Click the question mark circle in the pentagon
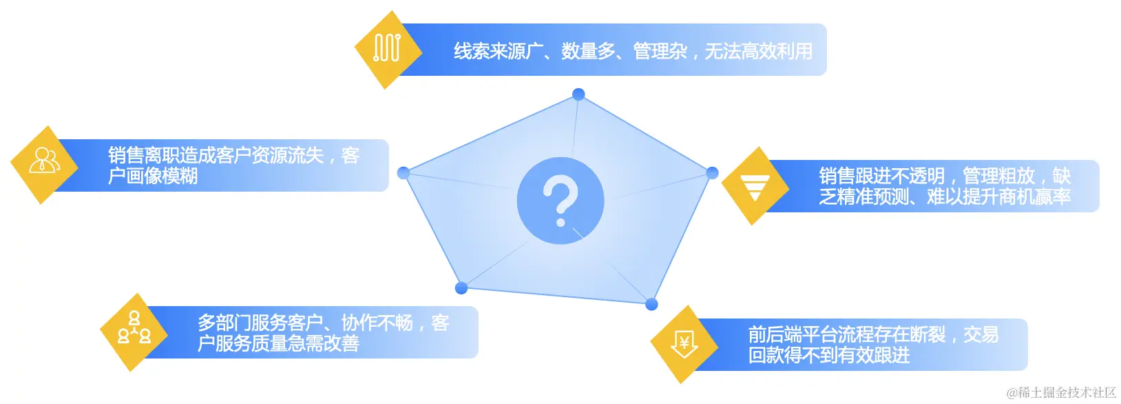coord(560,201)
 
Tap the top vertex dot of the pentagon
coord(578,94)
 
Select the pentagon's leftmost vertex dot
coord(404,172)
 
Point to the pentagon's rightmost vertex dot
coord(712,173)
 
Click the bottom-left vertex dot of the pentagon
coord(461,287)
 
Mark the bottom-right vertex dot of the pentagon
coord(651,304)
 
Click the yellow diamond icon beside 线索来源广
coord(388,50)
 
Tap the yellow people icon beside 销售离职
coord(45,165)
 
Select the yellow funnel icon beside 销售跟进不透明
coord(755,185)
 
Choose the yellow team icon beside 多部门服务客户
coord(134,332)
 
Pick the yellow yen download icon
coord(684,344)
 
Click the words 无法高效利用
coord(758,51)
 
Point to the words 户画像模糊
coord(153,176)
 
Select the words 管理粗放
coord(998,176)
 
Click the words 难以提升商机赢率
coord(998,197)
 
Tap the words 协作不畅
coord(377,323)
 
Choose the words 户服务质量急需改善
coord(278,343)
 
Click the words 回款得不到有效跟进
coord(829,356)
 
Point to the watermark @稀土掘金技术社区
coord(1061,393)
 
